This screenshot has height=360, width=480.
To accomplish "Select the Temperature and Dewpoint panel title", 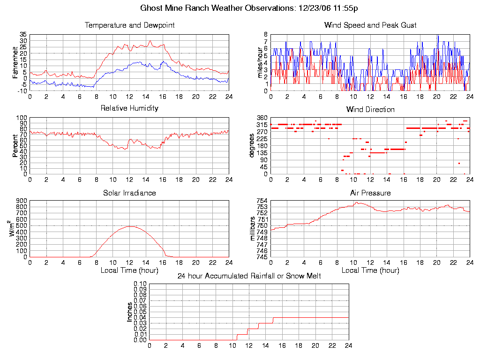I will (x=129, y=25).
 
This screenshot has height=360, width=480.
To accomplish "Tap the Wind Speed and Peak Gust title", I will (x=370, y=25).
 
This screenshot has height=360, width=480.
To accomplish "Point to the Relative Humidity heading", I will (x=129, y=108).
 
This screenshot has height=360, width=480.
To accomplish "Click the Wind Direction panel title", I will (x=370, y=109).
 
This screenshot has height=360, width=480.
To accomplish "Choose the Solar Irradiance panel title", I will (x=129, y=193).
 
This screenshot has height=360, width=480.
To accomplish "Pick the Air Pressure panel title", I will (x=370, y=193).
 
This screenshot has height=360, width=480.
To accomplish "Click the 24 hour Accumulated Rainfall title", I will (x=249, y=276).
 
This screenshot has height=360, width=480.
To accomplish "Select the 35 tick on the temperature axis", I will (x=22, y=35).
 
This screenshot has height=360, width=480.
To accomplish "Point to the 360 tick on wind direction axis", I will (x=261, y=118).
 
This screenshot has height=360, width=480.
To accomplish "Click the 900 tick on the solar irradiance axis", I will (x=21, y=201).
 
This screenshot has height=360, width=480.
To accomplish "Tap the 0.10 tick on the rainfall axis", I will (x=140, y=284).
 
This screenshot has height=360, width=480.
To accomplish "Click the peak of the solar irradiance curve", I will (x=130, y=226).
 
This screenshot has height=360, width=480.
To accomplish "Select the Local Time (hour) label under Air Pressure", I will (x=370, y=270).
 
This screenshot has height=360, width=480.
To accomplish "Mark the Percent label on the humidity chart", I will (x=15, y=146).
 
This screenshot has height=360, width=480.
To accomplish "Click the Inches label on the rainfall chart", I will (x=129, y=312).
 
